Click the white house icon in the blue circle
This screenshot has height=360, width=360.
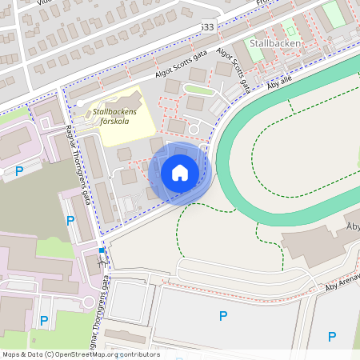click(180, 173)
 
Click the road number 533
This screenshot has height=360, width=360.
click(208, 27)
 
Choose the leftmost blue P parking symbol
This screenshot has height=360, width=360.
click(18, 170)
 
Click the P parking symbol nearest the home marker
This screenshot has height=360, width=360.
click(70, 220)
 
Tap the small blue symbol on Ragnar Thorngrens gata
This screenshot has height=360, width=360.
click(101, 254)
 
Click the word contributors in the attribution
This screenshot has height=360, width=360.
click(141, 354)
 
